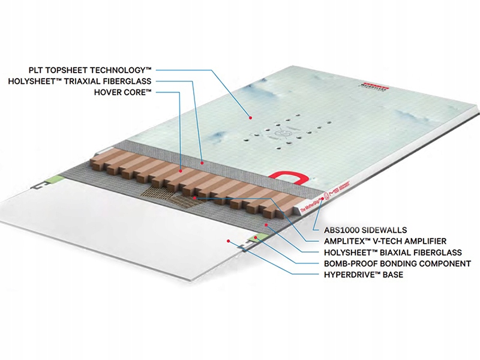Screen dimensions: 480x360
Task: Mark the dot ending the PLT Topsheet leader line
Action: coord(252,118)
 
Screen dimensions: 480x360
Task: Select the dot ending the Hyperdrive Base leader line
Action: coord(229,241)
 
